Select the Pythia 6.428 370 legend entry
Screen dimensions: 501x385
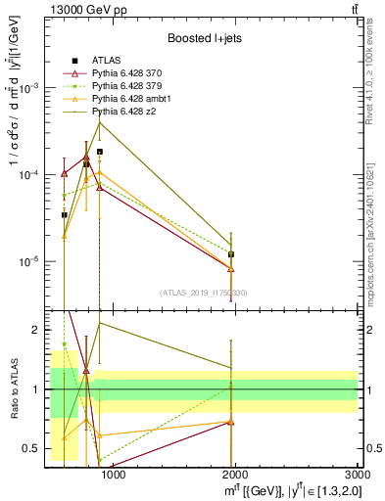[x=128, y=73]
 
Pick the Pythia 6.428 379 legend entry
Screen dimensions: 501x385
[x=128, y=86]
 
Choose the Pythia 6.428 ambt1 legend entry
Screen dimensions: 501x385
[x=131, y=99]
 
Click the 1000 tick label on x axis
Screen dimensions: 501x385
[x=113, y=477]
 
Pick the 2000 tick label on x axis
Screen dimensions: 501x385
[x=235, y=477]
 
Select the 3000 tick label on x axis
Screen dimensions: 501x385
[x=358, y=477]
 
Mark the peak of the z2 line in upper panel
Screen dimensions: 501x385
[x=100, y=122]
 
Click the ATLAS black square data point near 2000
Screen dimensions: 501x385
[x=231, y=254]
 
